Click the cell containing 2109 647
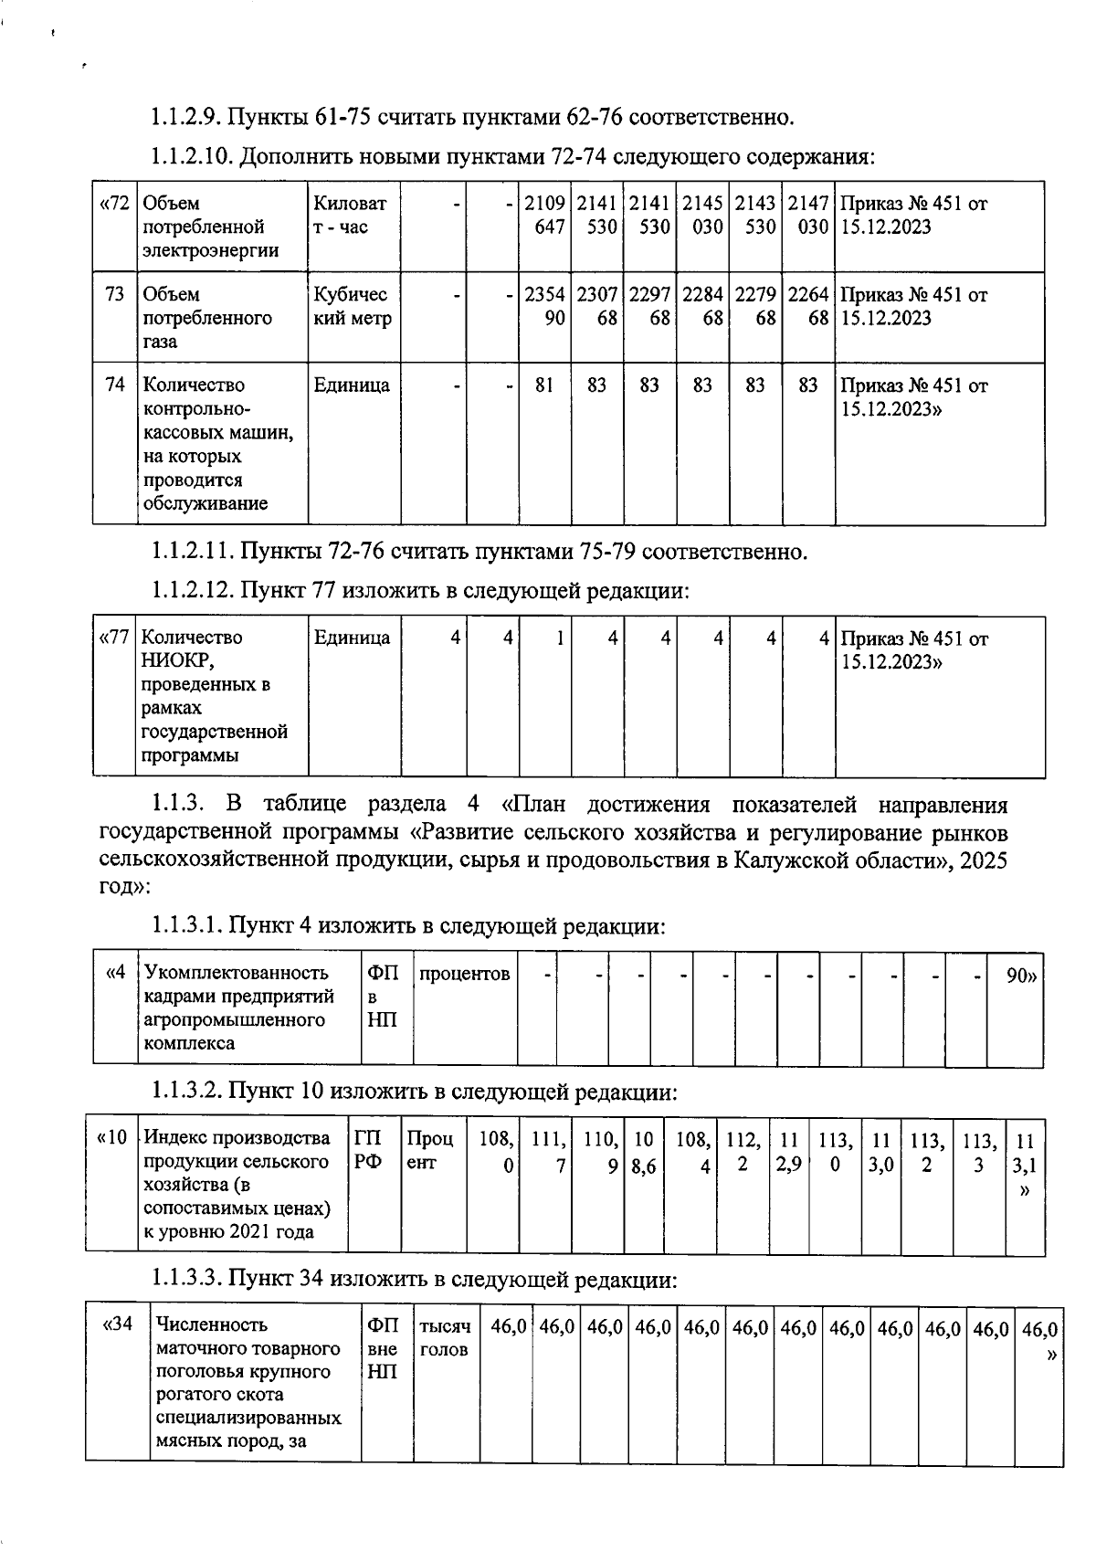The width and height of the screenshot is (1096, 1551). click(x=544, y=216)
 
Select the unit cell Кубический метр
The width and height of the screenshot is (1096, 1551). click(x=353, y=307)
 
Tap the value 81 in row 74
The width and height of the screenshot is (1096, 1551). click(x=544, y=385)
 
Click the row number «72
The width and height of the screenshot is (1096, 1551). click(x=114, y=204)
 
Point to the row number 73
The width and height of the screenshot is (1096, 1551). click(x=114, y=295)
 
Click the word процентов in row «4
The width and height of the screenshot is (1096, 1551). click(x=464, y=975)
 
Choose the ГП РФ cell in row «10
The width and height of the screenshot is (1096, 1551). click(x=368, y=1151)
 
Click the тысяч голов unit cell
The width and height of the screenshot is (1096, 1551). click(x=445, y=1337)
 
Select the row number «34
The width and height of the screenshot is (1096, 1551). click(x=119, y=1324)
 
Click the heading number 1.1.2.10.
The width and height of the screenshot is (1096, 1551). click(x=192, y=157)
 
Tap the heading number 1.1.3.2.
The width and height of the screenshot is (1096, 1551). click(x=185, y=1092)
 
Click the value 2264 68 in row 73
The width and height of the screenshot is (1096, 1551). click(x=808, y=307)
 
